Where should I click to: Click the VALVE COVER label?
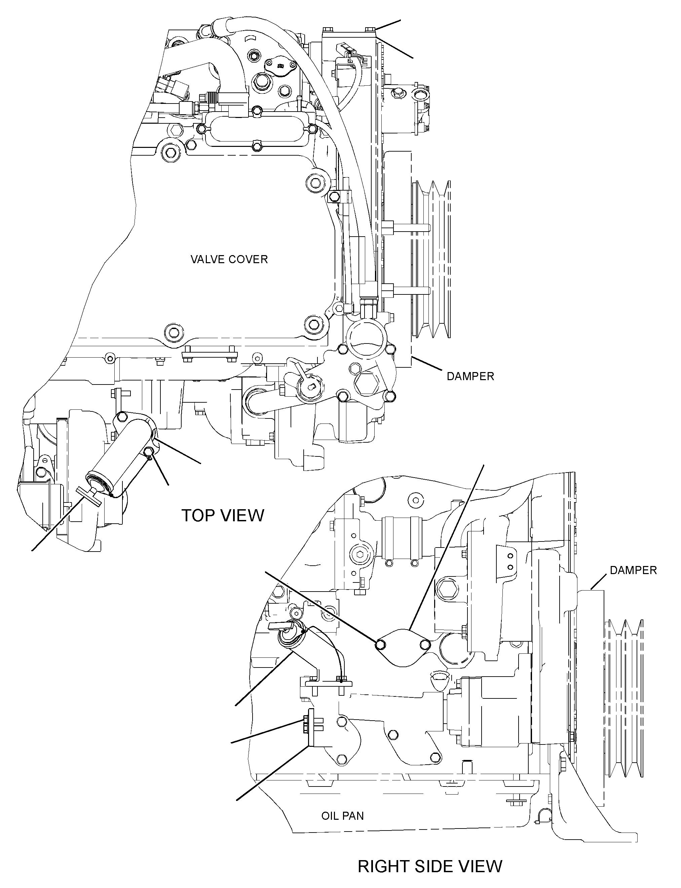tap(229, 259)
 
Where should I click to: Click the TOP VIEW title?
tap(223, 516)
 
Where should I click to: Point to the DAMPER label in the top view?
tap(470, 376)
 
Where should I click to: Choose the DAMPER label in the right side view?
tap(633, 570)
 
